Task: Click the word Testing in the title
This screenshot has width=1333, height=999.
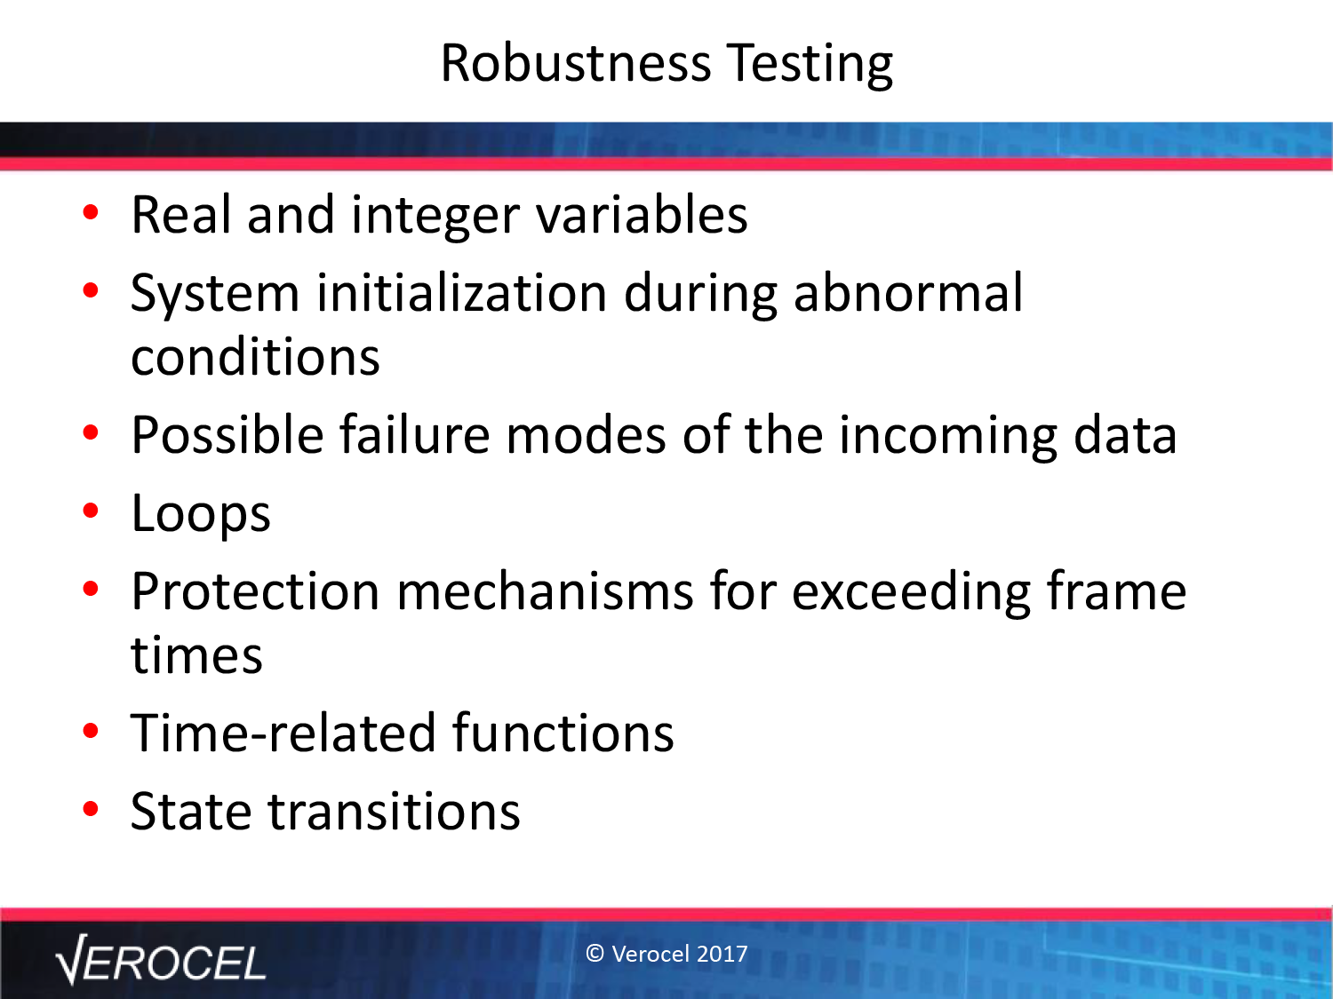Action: (810, 66)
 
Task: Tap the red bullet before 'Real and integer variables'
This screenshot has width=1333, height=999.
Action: (91, 211)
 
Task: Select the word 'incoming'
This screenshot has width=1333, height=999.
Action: (948, 438)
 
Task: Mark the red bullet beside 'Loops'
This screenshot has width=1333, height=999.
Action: (91, 511)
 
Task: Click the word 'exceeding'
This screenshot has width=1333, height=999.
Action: (911, 593)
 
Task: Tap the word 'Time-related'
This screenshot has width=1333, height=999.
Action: (283, 732)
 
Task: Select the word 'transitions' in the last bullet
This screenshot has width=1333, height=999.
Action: (395, 811)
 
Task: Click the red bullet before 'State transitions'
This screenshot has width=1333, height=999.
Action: (91, 809)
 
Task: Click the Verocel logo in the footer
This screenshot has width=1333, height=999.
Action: (160, 960)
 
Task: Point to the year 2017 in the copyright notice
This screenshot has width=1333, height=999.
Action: (722, 954)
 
